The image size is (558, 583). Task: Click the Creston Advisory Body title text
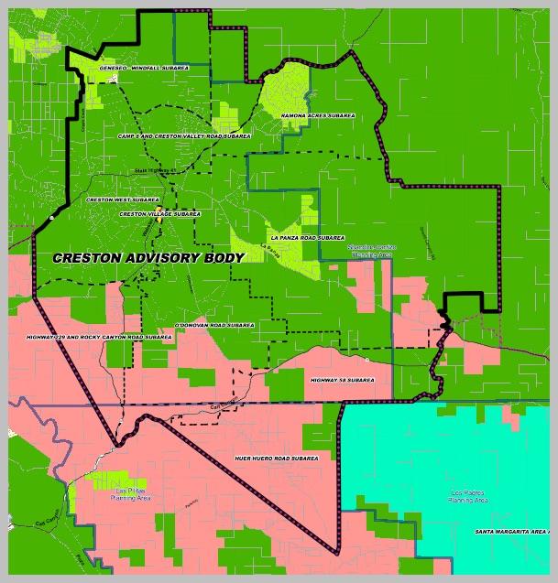click(x=148, y=258)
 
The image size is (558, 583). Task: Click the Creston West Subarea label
click(x=123, y=199)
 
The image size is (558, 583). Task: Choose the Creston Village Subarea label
click(x=160, y=214)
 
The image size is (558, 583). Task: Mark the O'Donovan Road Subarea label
click(x=214, y=325)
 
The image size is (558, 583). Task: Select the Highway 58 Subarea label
click(x=342, y=380)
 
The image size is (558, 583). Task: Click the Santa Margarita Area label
click(x=512, y=531)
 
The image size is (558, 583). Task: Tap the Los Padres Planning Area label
click(x=467, y=497)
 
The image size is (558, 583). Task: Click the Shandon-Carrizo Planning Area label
click(x=370, y=251)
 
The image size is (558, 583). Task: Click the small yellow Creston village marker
click(x=159, y=210)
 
